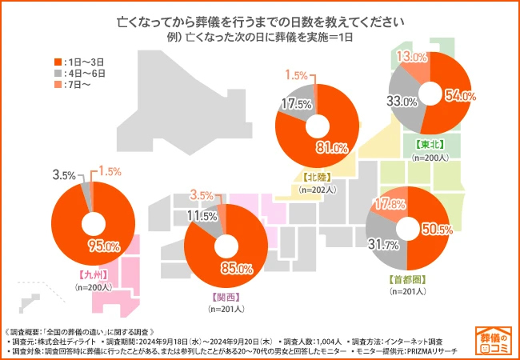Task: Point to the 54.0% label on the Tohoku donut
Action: coord(459,96)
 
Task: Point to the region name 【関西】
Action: coord(223,295)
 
